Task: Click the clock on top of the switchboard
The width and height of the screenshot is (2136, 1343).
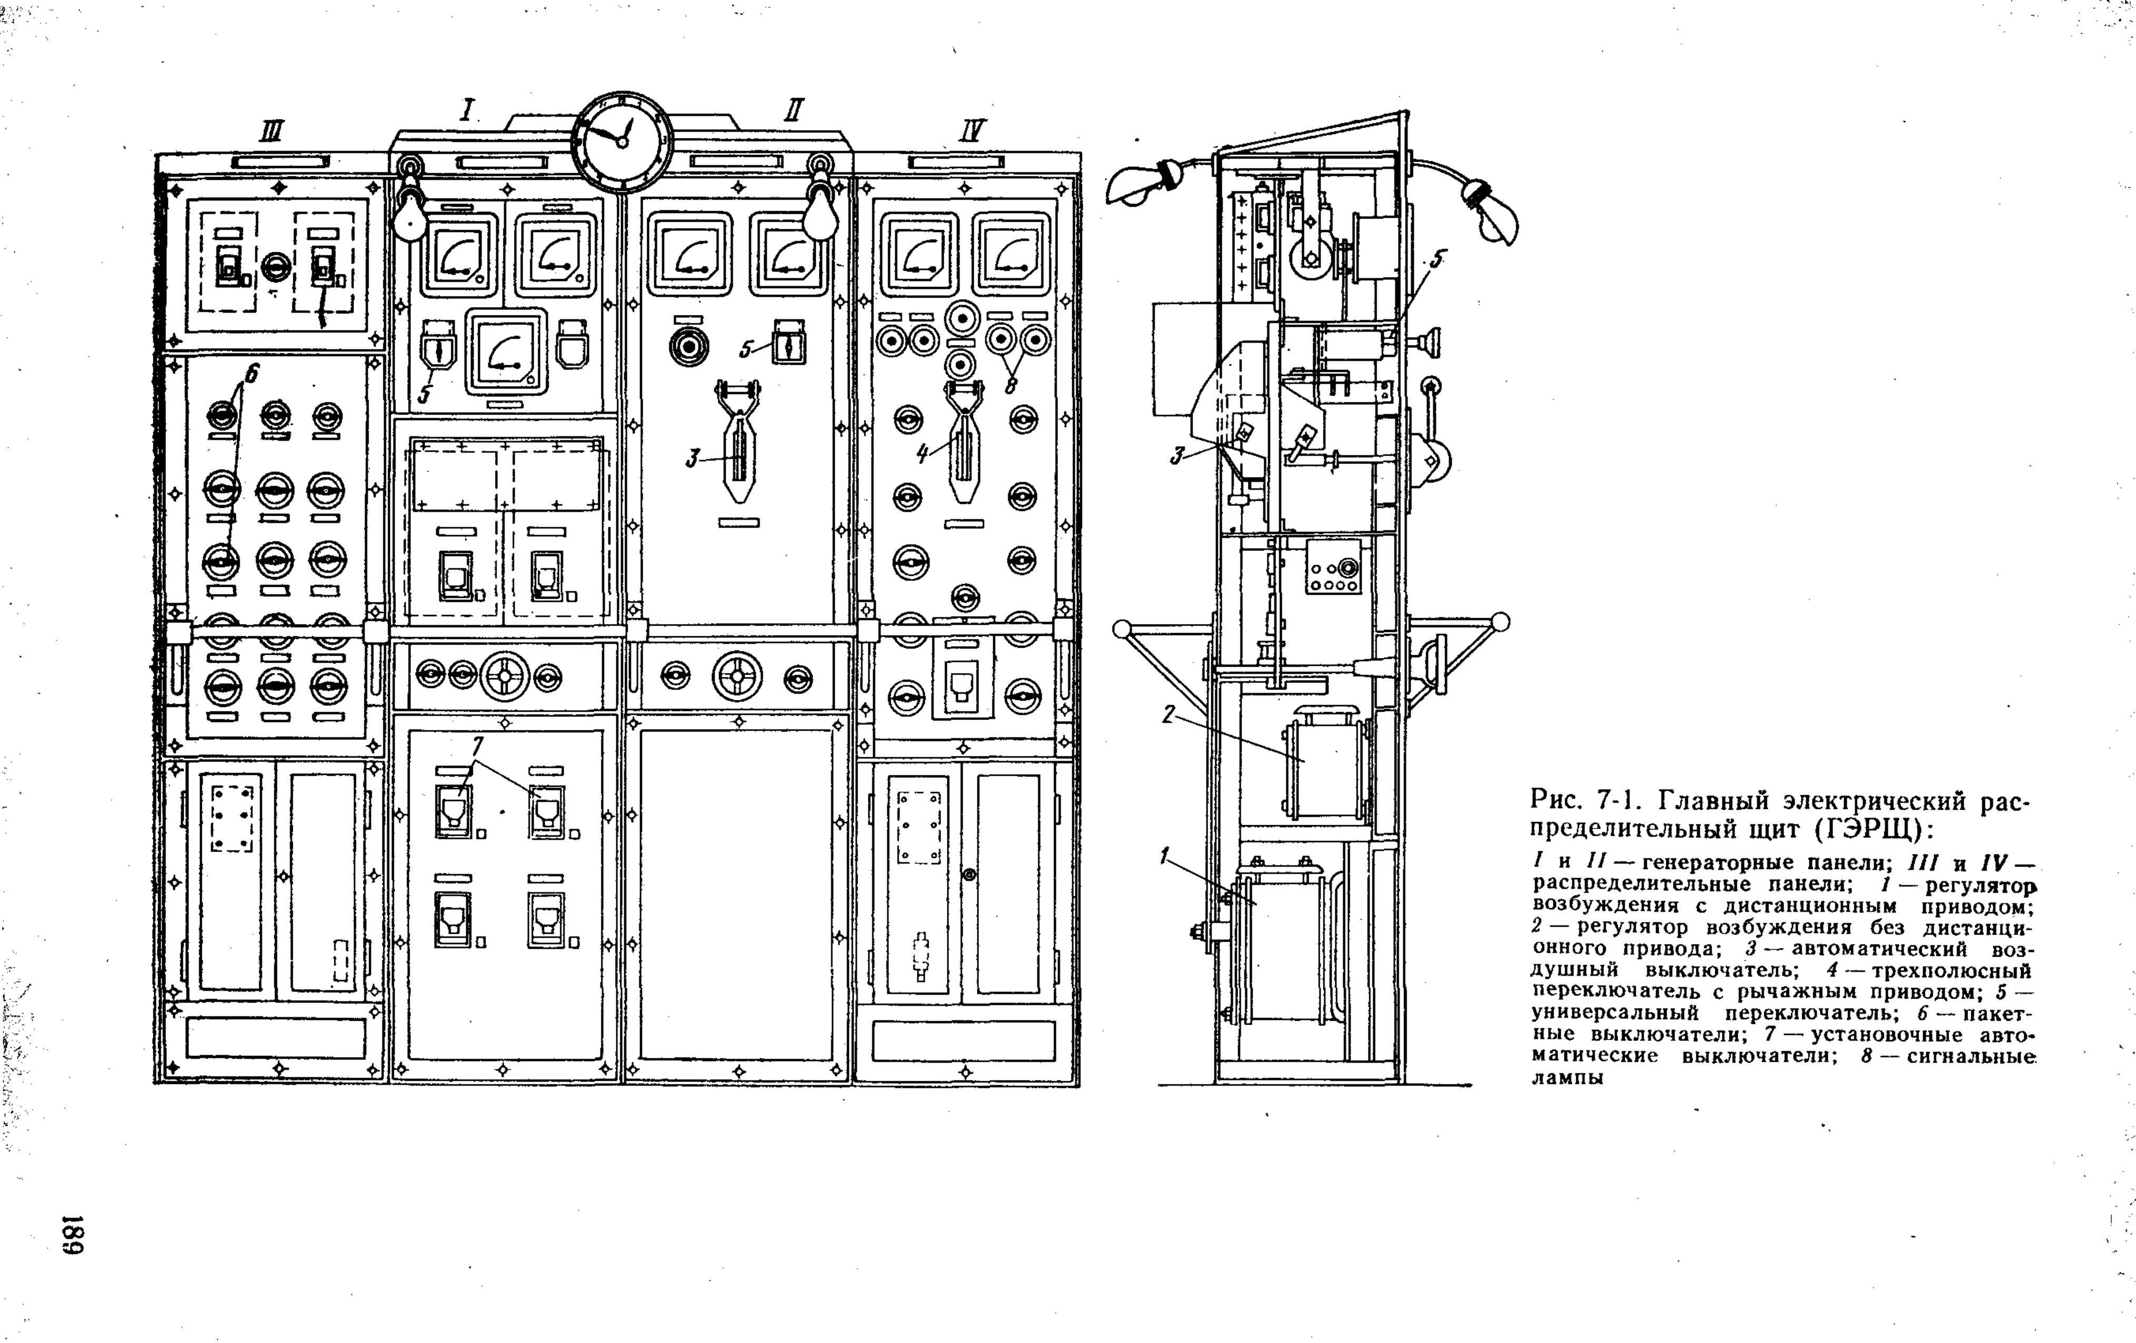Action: pyautogui.click(x=622, y=141)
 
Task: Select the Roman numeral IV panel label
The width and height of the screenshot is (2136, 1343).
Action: pyautogui.click(x=973, y=131)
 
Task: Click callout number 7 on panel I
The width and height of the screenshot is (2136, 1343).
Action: pyautogui.click(x=478, y=747)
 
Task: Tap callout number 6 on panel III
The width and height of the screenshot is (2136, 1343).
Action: pyautogui.click(x=251, y=374)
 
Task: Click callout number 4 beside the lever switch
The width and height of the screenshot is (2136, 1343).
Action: pyautogui.click(x=923, y=453)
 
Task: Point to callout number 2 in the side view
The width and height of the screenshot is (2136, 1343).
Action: pyautogui.click(x=1169, y=714)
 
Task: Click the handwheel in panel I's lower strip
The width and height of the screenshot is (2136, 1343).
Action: pyautogui.click(x=505, y=677)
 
